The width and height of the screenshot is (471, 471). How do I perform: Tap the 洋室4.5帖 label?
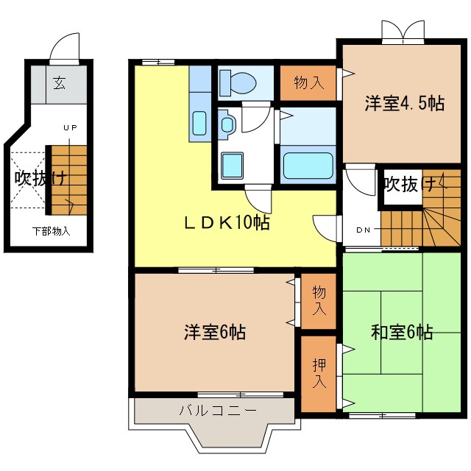point(405,104)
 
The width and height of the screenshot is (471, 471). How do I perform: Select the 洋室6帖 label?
point(214,332)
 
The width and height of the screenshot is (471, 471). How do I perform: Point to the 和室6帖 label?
point(402,332)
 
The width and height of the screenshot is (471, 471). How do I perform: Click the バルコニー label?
point(217,410)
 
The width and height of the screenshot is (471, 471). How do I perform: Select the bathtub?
point(308,164)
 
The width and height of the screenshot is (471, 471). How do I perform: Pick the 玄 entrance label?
point(58,82)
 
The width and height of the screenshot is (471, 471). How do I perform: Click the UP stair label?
point(70,128)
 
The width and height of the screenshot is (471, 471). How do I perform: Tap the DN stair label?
point(364,230)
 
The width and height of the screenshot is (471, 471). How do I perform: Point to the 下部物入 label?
point(52,231)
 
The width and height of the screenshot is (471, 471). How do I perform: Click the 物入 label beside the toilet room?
point(308,82)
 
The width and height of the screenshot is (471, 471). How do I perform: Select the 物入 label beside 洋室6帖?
point(319,301)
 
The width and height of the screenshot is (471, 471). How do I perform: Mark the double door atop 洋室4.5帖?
point(403,30)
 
